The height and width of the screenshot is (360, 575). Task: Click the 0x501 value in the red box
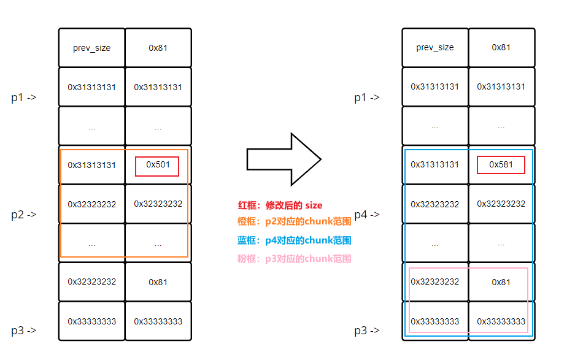coord(158,165)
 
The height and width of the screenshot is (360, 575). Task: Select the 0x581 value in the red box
coord(501,165)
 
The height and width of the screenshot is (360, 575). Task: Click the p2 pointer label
coord(24,215)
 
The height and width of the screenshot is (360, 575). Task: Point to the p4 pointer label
coord(367,215)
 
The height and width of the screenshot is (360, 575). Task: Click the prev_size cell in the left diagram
coord(92,48)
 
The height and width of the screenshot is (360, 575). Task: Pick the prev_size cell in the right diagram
coord(435,48)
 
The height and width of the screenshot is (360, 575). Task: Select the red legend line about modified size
coord(280,205)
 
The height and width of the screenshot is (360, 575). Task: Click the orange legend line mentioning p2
coord(294,222)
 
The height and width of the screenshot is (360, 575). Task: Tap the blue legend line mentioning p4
coord(294,240)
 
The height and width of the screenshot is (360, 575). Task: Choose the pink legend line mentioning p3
coord(294,259)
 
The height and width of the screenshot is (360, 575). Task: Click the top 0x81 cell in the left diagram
coord(158,48)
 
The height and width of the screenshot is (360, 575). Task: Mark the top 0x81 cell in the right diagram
coord(501,48)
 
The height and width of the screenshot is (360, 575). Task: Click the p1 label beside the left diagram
coord(24,97)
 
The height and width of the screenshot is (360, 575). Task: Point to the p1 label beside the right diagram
coord(367,97)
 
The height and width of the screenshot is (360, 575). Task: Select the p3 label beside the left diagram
coord(24,331)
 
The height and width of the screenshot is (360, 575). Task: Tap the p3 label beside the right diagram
coord(367,331)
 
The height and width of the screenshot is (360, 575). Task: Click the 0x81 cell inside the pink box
coord(501,282)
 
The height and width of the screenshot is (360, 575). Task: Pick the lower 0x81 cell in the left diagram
coord(158,282)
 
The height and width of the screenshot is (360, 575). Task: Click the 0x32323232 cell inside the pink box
coord(435,282)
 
